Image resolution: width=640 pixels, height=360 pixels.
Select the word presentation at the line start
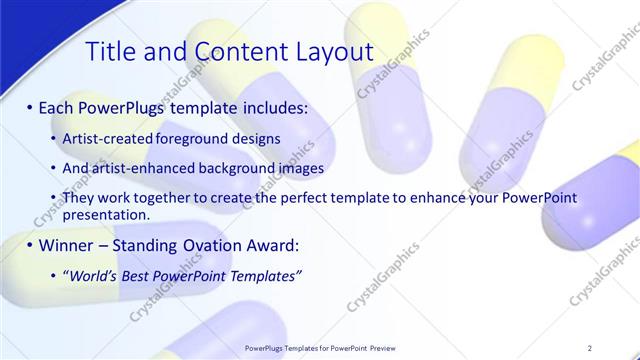pos(105,214)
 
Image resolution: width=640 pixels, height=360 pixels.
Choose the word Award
pos(271,245)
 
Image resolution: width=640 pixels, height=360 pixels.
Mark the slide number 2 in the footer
pos(591,348)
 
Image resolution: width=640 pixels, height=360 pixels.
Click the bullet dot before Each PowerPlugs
pos(29,106)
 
